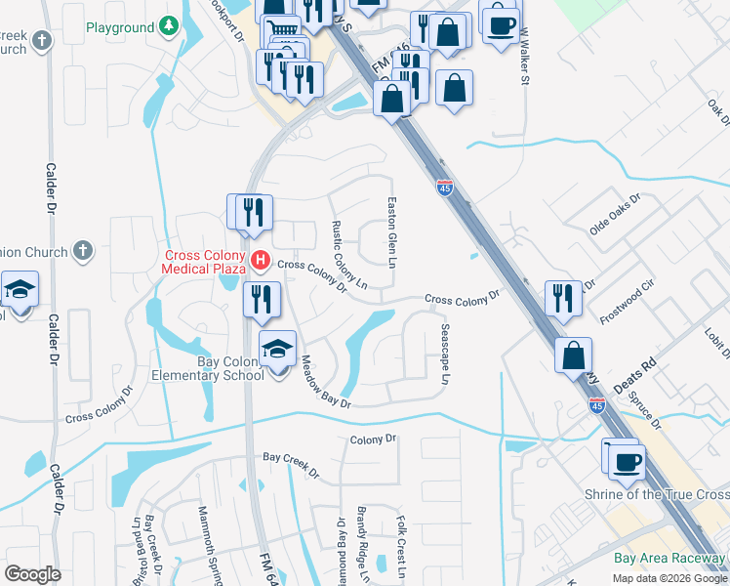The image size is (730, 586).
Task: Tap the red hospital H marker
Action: coord(261,260)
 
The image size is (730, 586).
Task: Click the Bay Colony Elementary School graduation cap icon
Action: coord(277,348)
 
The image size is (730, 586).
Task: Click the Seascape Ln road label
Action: coord(446,354)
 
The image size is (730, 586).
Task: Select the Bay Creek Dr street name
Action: coord(291,465)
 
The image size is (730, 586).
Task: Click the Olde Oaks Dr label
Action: coord(614,215)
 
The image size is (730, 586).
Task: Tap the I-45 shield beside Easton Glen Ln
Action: coord(445,188)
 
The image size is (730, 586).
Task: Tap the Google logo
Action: coord(32,574)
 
